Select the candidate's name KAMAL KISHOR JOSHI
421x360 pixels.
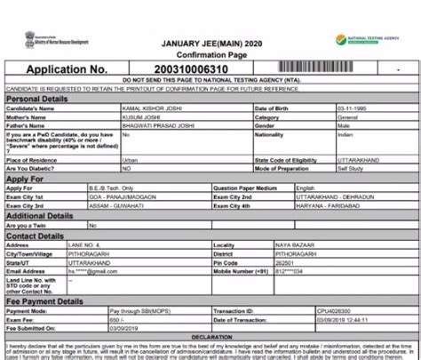150,108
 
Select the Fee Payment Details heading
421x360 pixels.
50,301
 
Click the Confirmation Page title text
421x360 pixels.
209,53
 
